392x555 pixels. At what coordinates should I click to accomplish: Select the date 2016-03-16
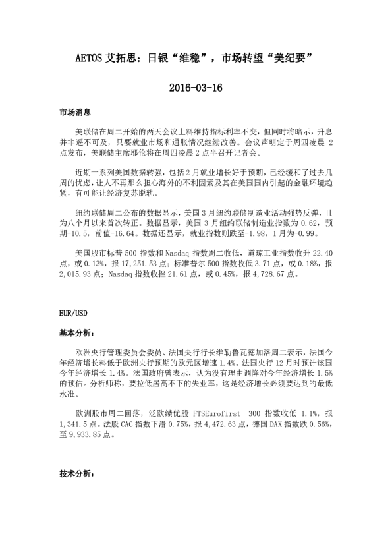196,88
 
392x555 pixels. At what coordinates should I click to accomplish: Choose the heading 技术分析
76,474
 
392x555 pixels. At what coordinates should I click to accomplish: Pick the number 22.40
322,253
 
